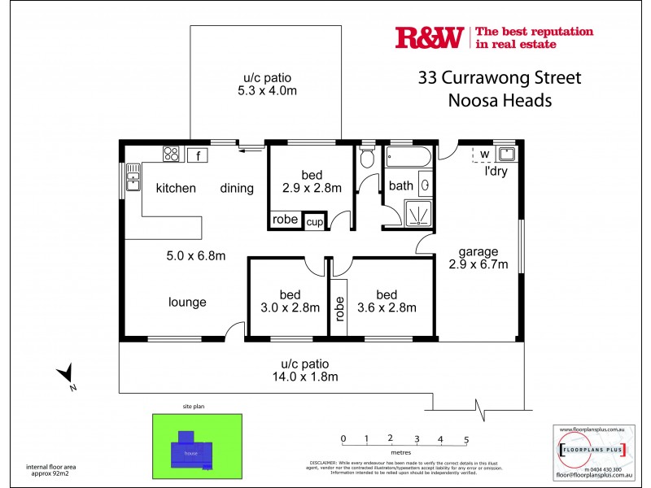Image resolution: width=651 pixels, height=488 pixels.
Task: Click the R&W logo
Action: (429, 37)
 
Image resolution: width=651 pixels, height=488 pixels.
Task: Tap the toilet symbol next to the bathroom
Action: (367, 159)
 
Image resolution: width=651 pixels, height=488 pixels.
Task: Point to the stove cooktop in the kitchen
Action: (172, 154)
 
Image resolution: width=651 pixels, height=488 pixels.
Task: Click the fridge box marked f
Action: (198, 154)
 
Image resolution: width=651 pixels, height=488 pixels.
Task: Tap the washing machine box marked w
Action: (483, 154)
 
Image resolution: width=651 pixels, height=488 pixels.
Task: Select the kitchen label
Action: (176, 189)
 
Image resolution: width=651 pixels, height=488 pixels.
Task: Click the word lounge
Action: (187, 303)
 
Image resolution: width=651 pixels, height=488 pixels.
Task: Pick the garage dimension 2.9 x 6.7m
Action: (478, 264)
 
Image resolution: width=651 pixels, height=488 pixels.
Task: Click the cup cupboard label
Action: (314, 220)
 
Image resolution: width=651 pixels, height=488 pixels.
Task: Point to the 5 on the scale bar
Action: (466, 439)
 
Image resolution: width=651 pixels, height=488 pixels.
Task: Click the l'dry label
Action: (497, 172)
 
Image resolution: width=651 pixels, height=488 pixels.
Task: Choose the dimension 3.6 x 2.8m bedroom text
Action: (387, 307)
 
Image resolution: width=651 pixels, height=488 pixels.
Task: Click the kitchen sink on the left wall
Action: (132, 177)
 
